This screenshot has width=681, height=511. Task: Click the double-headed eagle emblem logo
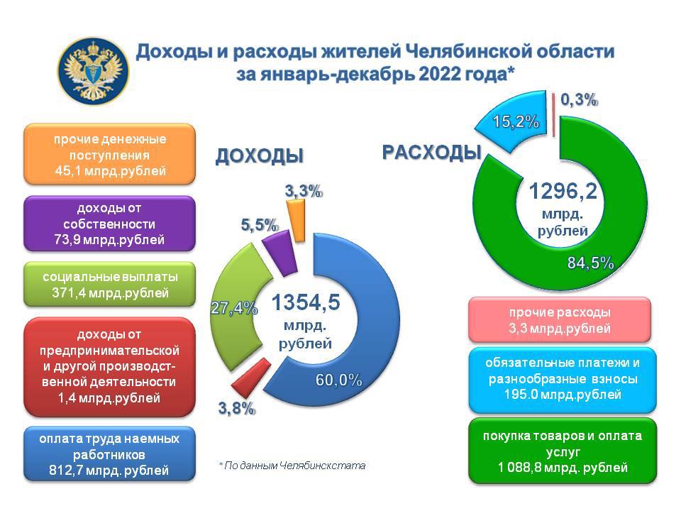click(x=94, y=71)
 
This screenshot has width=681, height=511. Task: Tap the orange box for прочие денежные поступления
click(x=109, y=154)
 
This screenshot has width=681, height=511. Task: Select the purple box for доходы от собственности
click(x=109, y=224)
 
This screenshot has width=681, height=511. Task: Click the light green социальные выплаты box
click(x=109, y=284)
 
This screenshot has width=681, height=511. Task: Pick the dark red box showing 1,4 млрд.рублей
click(x=109, y=367)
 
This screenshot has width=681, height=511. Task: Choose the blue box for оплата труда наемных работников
click(x=109, y=454)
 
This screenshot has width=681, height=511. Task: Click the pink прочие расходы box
click(x=560, y=319)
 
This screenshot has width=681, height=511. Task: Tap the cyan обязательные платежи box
click(x=563, y=379)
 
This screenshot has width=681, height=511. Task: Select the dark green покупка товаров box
click(x=563, y=451)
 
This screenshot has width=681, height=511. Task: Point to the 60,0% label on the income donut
click(x=339, y=380)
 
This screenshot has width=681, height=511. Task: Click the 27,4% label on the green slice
click(x=234, y=308)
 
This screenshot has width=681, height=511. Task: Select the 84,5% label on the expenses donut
click(x=591, y=263)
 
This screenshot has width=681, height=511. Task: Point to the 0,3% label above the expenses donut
click(x=579, y=100)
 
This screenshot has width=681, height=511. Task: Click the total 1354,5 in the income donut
click(x=306, y=302)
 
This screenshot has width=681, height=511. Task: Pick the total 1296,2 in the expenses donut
click(x=563, y=191)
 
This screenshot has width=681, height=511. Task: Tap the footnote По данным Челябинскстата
click(x=292, y=466)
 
